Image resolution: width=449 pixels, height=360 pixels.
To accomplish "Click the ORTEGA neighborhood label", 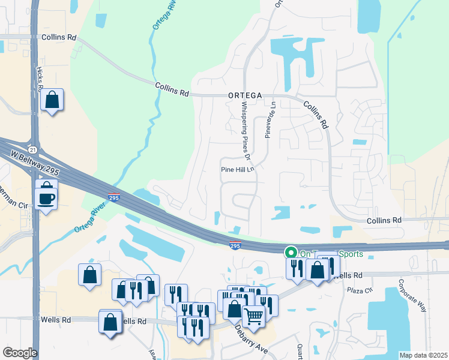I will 245,95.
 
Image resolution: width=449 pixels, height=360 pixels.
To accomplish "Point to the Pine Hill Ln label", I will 238,170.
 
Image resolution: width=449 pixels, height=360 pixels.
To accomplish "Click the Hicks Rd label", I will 40,78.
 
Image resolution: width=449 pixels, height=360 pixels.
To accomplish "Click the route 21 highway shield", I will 32,149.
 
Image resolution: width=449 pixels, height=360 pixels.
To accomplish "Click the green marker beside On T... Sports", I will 291,253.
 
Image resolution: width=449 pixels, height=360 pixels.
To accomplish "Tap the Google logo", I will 20,352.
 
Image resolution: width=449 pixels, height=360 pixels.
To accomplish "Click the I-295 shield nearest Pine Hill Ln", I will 236,244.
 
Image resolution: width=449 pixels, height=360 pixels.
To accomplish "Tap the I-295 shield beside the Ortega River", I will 114,196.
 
